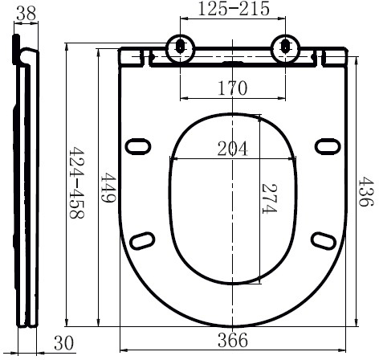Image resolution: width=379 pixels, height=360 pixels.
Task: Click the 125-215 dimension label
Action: [x=234, y=8]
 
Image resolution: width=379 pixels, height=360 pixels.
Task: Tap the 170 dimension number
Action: [x=233, y=88]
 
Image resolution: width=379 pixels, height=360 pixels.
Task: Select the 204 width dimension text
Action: [x=233, y=149]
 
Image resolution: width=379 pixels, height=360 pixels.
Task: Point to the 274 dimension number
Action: [x=269, y=198]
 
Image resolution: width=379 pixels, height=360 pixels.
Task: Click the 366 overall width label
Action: [x=233, y=340]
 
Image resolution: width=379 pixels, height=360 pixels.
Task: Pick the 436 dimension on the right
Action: [x=365, y=191]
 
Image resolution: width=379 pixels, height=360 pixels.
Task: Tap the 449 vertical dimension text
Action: [x=108, y=187]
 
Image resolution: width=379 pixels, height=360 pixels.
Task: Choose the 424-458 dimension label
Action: [x=77, y=182]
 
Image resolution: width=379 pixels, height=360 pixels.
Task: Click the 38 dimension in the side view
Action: [x=26, y=14]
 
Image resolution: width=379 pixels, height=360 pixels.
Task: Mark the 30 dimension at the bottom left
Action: [x=63, y=343]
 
